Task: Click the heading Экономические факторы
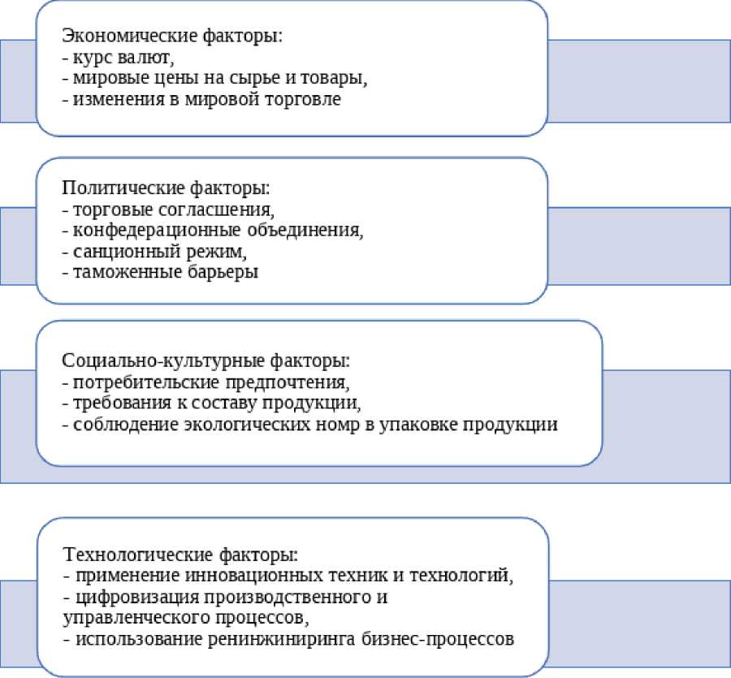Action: click(x=171, y=37)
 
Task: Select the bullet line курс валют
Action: click(x=118, y=58)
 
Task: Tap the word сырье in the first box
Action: click(x=273, y=80)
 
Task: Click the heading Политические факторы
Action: click(x=166, y=188)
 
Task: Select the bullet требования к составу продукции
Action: click(x=210, y=403)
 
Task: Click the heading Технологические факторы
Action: click(x=180, y=555)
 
